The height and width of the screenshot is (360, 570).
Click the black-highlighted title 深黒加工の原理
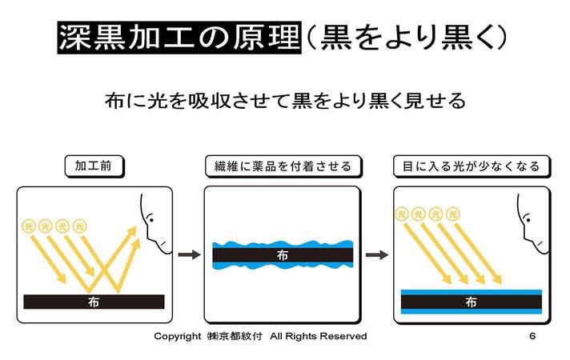coord(179,38)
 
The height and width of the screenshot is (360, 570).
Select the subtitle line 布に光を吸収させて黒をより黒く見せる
coord(285,101)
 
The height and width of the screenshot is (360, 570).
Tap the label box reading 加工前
coord(94,166)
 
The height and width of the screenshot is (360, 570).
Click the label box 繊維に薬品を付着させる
coord(283,166)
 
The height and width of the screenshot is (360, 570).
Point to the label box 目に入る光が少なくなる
coord(472,166)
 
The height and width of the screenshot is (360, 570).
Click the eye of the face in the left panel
coord(151,219)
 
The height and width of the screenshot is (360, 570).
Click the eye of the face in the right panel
coord(527,219)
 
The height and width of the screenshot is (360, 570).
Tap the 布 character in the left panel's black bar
coord(94,302)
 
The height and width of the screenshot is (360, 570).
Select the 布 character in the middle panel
coord(283,255)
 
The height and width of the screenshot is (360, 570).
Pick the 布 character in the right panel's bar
coord(471,302)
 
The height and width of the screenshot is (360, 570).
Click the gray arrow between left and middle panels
coord(189,254)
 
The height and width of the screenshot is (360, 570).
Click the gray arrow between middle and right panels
coord(377,254)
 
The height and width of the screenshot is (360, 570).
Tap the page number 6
coord(532,336)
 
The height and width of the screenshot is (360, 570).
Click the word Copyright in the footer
coord(178,336)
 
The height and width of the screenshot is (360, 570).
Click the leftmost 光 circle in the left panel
coord(28,226)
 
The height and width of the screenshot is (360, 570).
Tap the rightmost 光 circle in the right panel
coord(452,214)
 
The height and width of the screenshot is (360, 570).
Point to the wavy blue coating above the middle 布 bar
coord(283,245)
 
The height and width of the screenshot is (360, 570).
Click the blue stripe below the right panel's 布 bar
coord(471,311)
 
